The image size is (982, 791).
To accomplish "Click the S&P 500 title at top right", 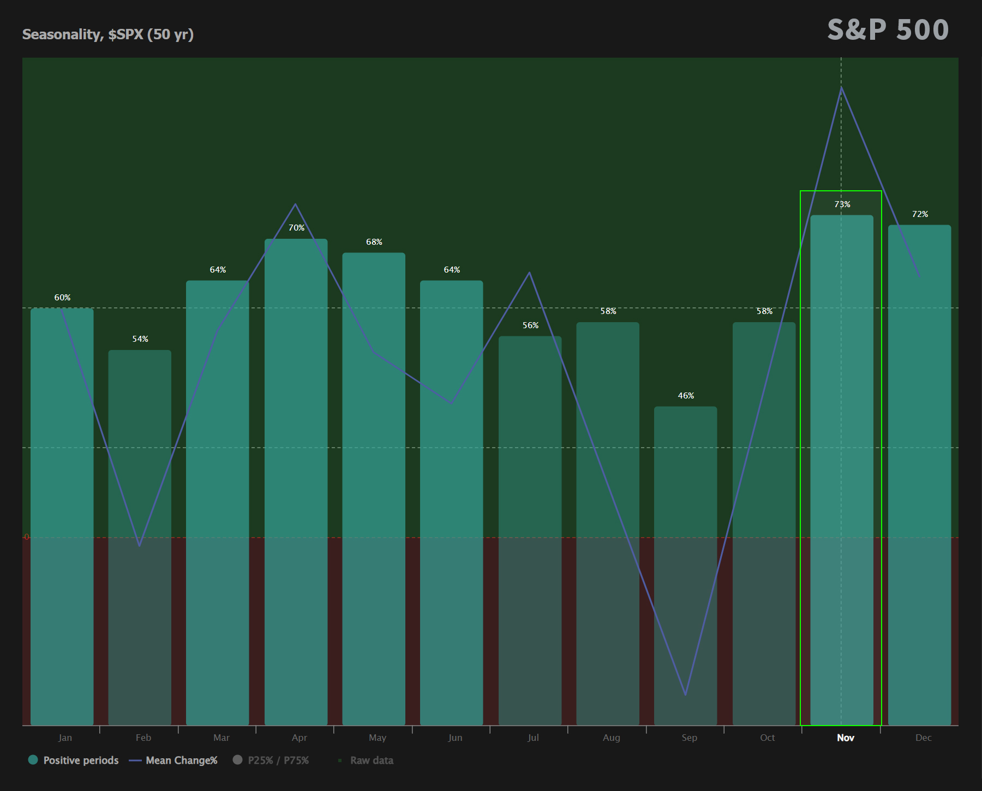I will click(888, 30).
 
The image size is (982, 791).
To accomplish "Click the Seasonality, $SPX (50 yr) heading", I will click(108, 34).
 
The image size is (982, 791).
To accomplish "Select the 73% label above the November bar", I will click(842, 204).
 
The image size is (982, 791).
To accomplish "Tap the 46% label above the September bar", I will click(686, 396).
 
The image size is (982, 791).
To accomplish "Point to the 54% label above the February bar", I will click(140, 339).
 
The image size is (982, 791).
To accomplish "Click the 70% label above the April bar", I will click(296, 228).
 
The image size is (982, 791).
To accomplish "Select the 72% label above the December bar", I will click(920, 214).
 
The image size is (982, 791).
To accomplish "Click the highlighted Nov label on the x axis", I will click(845, 738).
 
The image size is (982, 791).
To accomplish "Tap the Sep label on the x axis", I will click(689, 738).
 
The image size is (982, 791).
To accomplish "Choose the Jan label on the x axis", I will click(65, 738).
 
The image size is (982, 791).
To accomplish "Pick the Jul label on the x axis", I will click(533, 738).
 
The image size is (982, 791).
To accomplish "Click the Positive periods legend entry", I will click(74, 760).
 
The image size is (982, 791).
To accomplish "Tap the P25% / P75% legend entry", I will click(271, 760).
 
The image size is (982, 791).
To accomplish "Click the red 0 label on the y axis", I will click(26, 537).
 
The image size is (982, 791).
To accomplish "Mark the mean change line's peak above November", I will click(841, 87).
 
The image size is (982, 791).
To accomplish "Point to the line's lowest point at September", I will click(685, 695).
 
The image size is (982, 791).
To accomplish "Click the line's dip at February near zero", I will click(140, 545).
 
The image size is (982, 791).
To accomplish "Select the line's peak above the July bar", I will click(529, 273).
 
